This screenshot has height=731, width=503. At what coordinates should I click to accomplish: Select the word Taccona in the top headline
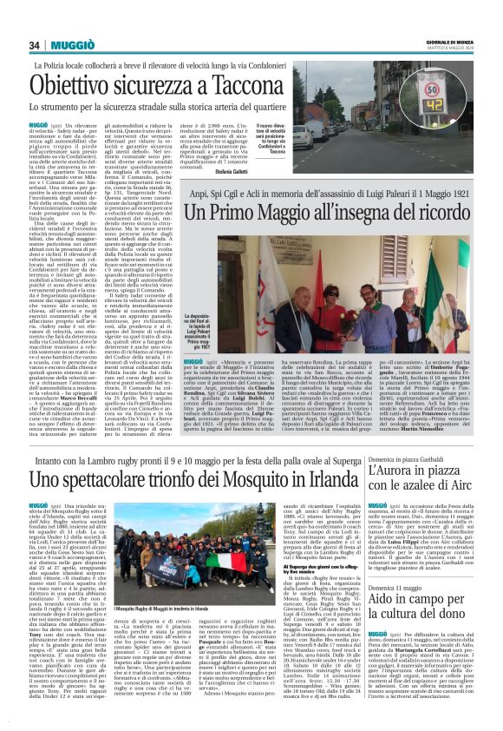pos(258,86)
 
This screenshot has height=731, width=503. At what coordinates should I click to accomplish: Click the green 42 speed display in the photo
pos(455,108)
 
